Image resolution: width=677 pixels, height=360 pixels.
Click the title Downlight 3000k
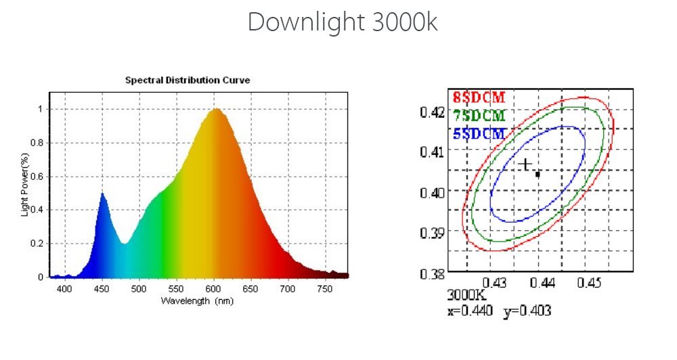click(x=342, y=22)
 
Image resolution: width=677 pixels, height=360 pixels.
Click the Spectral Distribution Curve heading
click(x=188, y=80)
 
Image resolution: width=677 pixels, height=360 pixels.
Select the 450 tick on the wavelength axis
click(x=102, y=290)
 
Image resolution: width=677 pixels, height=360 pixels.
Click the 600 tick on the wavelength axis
click(x=213, y=290)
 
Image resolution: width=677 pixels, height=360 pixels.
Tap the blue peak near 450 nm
click(x=102, y=194)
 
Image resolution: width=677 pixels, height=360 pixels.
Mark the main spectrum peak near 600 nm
click(x=216, y=110)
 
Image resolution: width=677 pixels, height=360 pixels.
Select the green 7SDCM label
click(x=479, y=115)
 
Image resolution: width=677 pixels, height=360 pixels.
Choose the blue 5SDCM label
click(x=479, y=133)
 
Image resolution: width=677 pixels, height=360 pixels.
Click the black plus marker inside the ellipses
click(x=525, y=164)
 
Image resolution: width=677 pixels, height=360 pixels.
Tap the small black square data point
click(x=538, y=175)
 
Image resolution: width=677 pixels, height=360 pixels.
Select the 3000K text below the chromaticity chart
click(x=463, y=296)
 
